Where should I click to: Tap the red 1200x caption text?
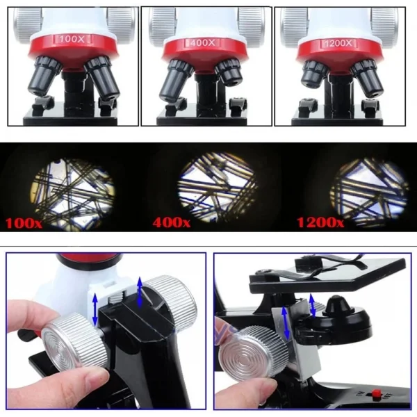pos(319,222)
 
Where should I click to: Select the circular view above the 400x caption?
pos(218,187)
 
